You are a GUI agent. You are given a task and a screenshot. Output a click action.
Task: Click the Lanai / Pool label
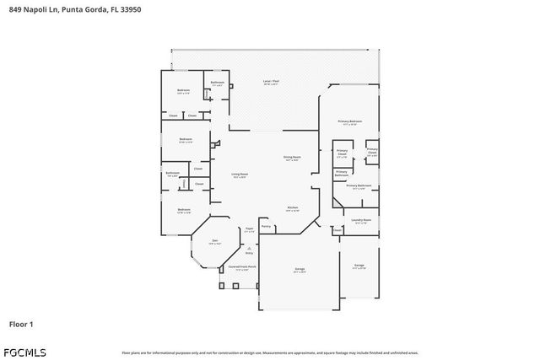pos(271,82)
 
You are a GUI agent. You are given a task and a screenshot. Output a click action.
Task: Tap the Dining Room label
pos(292,158)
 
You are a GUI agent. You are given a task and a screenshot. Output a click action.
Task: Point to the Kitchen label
pos(292,207)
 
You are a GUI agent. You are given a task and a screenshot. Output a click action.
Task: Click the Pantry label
pos(266,226)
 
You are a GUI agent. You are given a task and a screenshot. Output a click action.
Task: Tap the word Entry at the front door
pos(249,252)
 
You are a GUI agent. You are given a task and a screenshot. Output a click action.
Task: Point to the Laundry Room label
pos(361,221)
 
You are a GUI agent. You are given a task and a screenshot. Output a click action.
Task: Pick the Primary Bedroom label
pos(350,122)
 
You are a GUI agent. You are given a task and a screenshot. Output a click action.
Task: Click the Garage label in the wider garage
pos(299,270)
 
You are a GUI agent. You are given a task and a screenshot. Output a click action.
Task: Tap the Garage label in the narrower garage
pos(359,266)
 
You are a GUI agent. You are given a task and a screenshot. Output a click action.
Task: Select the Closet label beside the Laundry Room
pos(337,229)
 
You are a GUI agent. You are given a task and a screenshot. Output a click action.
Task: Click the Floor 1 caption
pos(20,323)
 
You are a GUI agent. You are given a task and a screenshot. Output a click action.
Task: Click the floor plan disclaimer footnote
pos(269,352)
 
